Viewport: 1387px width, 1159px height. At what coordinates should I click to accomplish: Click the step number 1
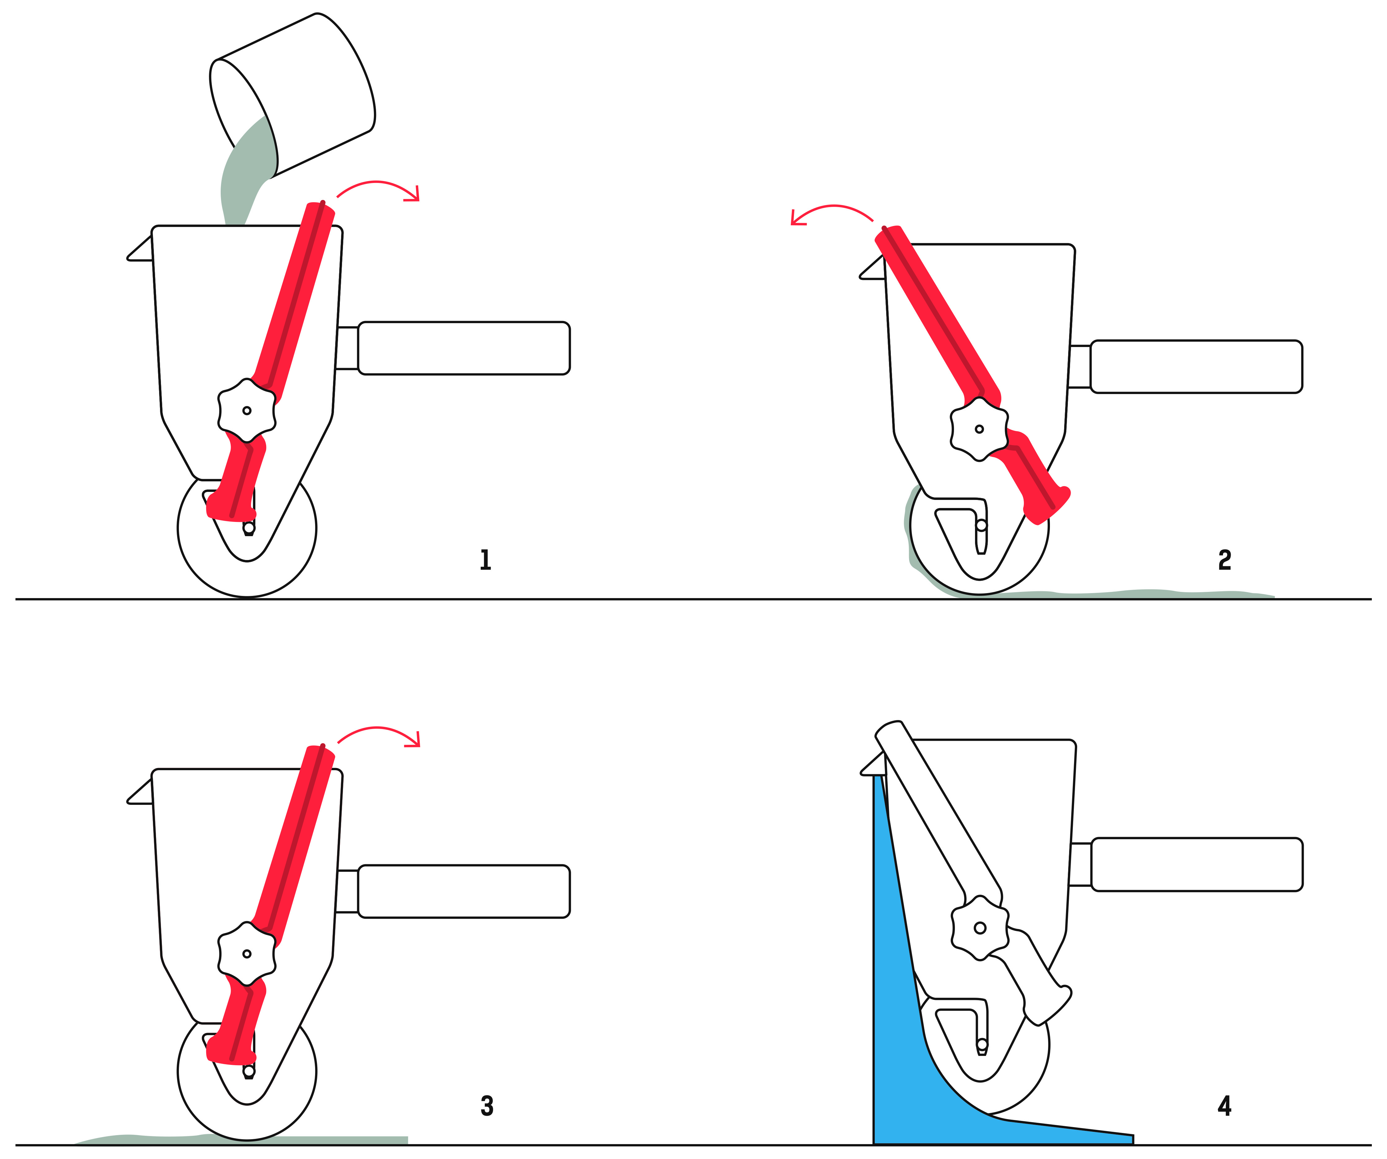[485, 560]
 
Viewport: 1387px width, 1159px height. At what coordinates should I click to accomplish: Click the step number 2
[1224, 560]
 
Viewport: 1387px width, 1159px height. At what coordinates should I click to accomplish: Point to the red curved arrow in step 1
[379, 189]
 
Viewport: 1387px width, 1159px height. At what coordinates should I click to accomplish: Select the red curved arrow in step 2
[832, 215]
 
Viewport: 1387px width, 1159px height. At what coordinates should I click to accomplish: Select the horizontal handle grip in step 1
[464, 348]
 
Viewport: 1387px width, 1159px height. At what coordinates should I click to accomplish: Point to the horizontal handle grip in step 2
[1196, 367]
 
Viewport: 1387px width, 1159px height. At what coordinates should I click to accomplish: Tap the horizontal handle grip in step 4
[1197, 865]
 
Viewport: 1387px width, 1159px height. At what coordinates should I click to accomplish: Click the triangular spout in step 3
[140, 791]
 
